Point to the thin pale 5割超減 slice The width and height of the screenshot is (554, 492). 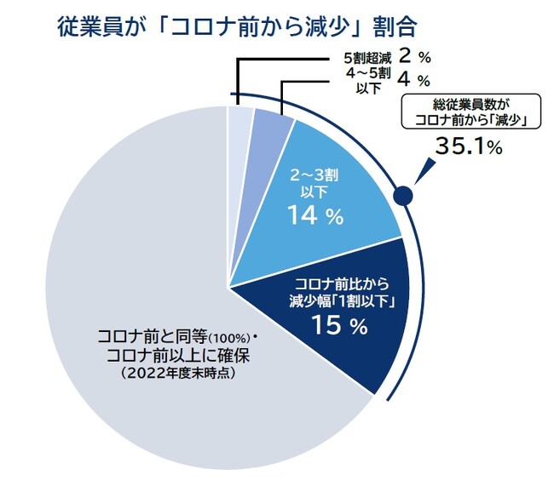239,128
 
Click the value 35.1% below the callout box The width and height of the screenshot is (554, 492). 468,146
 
